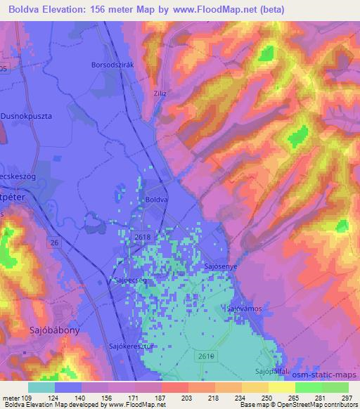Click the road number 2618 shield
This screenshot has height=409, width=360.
(x=143, y=240)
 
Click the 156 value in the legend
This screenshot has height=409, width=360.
(x=110, y=397)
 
